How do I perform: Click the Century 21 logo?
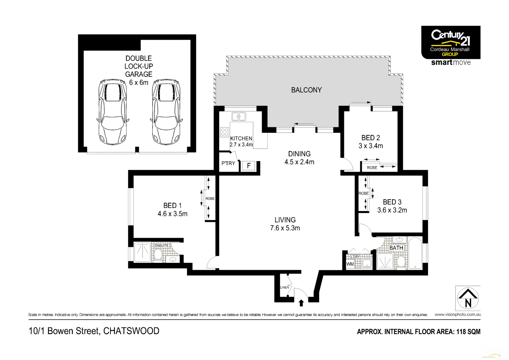click(x=450, y=42)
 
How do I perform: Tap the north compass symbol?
click(x=468, y=298)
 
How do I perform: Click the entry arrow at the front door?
click(x=301, y=303)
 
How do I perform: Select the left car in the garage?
click(x=113, y=112)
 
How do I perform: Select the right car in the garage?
click(x=166, y=112)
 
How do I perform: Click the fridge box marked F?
click(x=249, y=166)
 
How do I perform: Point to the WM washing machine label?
click(x=350, y=264)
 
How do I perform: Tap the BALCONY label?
click(x=306, y=90)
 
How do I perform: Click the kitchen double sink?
click(x=239, y=116)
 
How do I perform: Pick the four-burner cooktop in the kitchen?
click(x=224, y=132)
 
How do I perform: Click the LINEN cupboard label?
click(x=284, y=287)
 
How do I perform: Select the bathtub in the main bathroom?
click(x=415, y=253)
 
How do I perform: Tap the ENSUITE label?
click(x=162, y=245)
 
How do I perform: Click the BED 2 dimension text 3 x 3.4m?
click(x=370, y=146)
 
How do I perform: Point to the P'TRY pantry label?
click(x=228, y=163)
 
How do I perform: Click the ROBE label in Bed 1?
click(x=210, y=199)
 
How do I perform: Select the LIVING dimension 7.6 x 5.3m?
click(x=285, y=228)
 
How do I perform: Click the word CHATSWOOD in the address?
click(x=131, y=331)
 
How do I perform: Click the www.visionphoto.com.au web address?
click(x=457, y=315)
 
